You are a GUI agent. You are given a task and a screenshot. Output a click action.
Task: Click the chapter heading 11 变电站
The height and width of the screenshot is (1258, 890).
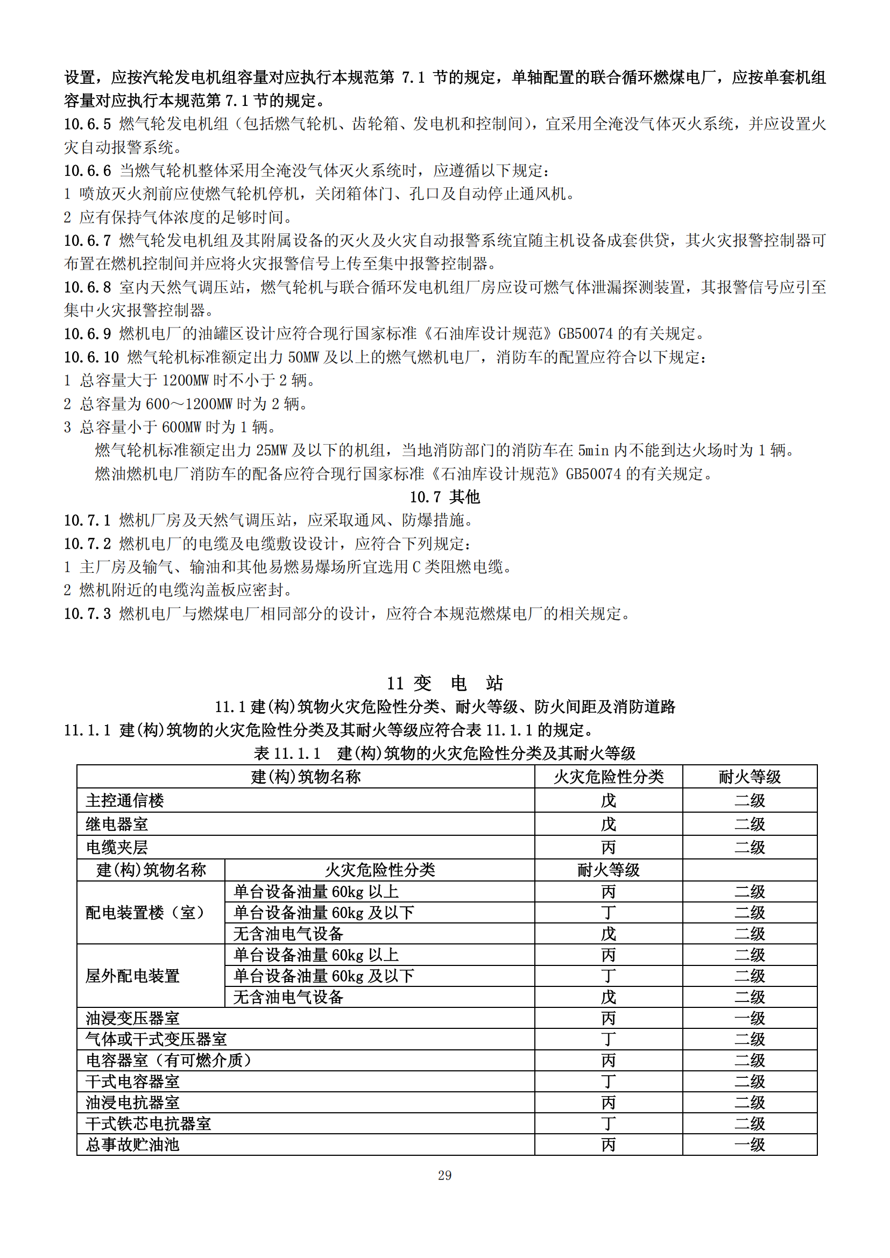(x=444, y=683)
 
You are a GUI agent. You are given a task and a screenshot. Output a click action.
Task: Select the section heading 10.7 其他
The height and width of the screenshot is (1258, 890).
(x=444, y=497)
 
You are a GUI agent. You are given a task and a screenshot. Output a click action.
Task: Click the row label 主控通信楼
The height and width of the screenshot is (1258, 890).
(x=125, y=800)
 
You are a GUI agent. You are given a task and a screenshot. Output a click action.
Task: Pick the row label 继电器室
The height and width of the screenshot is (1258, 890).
(x=117, y=824)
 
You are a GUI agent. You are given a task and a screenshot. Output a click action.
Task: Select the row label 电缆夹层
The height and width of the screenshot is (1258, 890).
(x=117, y=847)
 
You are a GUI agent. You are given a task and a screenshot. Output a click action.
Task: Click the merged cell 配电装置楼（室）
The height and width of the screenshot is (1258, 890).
(x=145, y=912)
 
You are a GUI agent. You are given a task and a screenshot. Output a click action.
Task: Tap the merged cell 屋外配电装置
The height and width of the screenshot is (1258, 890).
(x=132, y=976)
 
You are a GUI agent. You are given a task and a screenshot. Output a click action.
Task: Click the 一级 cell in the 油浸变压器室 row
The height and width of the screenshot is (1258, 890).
(x=750, y=1019)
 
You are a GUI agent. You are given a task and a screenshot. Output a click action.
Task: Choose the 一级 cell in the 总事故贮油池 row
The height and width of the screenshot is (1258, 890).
(x=750, y=1145)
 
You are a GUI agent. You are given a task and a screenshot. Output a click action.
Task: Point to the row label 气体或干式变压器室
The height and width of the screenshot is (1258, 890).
(x=156, y=1040)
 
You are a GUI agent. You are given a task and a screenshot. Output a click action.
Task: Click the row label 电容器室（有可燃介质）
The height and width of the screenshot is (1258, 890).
(x=168, y=1060)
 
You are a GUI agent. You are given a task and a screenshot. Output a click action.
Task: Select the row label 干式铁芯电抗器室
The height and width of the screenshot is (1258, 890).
(x=148, y=1124)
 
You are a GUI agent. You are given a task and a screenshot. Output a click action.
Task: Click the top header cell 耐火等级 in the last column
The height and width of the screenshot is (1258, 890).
(x=750, y=777)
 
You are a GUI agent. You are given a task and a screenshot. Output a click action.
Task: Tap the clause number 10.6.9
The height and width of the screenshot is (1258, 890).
(x=88, y=333)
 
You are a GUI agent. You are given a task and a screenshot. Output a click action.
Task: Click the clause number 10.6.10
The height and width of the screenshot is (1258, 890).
(x=91, y=357)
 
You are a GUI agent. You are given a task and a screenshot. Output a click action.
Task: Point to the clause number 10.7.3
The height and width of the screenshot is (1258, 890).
(x=88, y=614)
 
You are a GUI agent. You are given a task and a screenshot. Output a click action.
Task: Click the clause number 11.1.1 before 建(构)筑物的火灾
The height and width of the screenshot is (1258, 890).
(x=88, y=730)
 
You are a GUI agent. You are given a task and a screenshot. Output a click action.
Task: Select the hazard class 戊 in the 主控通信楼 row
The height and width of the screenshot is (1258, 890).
(x=609, y=800)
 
